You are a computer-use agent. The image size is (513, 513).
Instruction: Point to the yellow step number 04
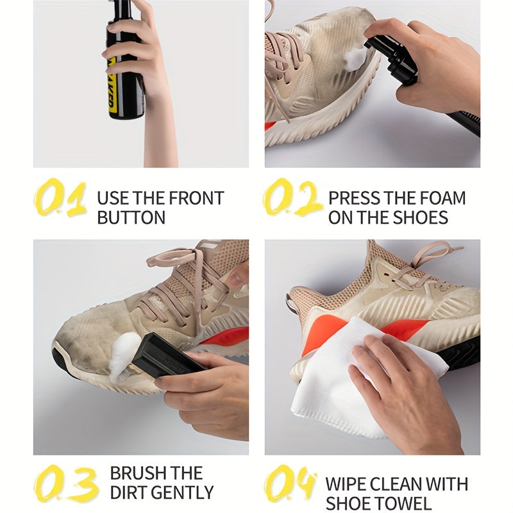pos(290,484)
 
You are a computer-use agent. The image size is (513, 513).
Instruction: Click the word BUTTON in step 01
pos(131,217)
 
